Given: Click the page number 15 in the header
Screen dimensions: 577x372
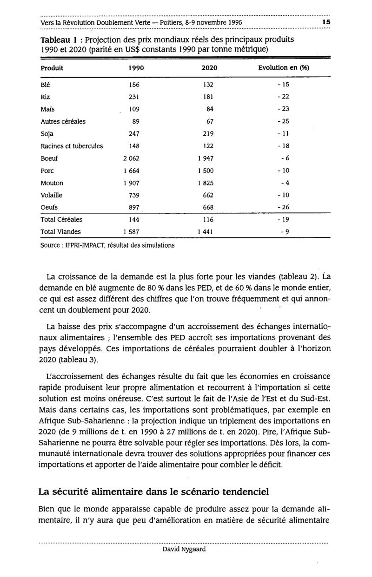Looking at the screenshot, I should [325, 22].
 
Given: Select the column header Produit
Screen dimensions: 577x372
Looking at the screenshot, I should [52, 68].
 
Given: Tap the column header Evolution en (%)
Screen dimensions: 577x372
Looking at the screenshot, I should [284, 68].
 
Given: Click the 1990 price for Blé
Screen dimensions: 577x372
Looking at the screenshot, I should [134, 85].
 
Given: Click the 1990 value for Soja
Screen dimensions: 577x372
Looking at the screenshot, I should [134, 134].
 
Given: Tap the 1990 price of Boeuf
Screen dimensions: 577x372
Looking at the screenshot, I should [132, 158].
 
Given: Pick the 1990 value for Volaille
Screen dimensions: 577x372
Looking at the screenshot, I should [134, 195].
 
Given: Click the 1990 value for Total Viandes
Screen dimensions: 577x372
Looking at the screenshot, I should [132, 231].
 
